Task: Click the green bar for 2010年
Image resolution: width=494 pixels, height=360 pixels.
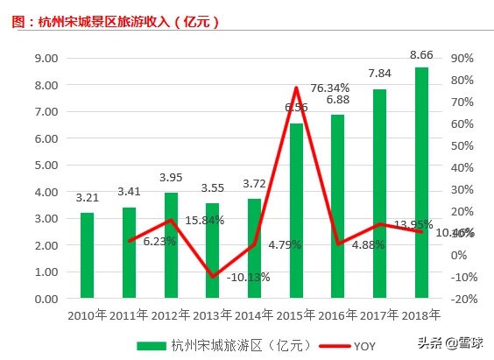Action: pos(87,255)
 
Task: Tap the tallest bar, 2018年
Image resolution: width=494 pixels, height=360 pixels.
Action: pos(421,182)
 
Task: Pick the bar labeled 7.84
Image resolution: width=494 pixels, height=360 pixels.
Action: pos(379,194)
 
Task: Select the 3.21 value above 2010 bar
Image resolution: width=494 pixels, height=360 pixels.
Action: pos(87,198)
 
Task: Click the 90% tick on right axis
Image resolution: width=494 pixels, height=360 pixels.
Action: pos(462,58)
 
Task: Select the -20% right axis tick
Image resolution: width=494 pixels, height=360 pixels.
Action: pos(463,299)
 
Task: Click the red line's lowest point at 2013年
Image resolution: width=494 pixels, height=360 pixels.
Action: pos(213,277)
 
